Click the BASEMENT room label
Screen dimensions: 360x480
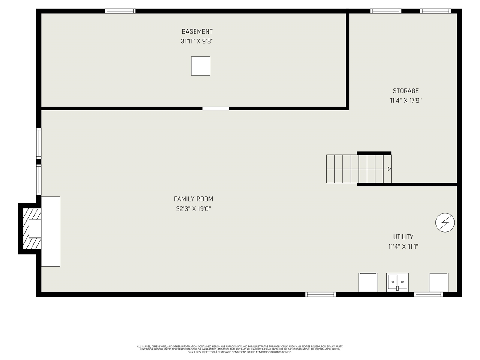(197, 32)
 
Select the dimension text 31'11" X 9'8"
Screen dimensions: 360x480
(197, 42)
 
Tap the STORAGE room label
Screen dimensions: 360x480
(405, 91)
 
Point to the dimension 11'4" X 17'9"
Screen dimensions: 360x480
(405, 100)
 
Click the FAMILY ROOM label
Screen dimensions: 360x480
(193, 199)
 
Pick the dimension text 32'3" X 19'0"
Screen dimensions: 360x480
(193, 209)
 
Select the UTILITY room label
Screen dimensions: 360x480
(403, 237)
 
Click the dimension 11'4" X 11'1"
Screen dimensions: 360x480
(403, 246)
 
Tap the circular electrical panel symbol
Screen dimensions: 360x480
(445, 223)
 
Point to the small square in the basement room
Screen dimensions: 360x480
(201, 66)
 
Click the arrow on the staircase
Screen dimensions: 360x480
(389, 169)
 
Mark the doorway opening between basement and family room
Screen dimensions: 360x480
(216, 108)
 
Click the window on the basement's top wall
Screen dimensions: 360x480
(120, 11)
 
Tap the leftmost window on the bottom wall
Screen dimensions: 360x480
(321, 294)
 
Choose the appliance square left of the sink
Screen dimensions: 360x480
(368, 282)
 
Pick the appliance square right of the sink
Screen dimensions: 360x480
(438, 282)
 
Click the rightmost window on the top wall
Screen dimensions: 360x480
(435, 11)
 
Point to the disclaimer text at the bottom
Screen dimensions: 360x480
(240, 349)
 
